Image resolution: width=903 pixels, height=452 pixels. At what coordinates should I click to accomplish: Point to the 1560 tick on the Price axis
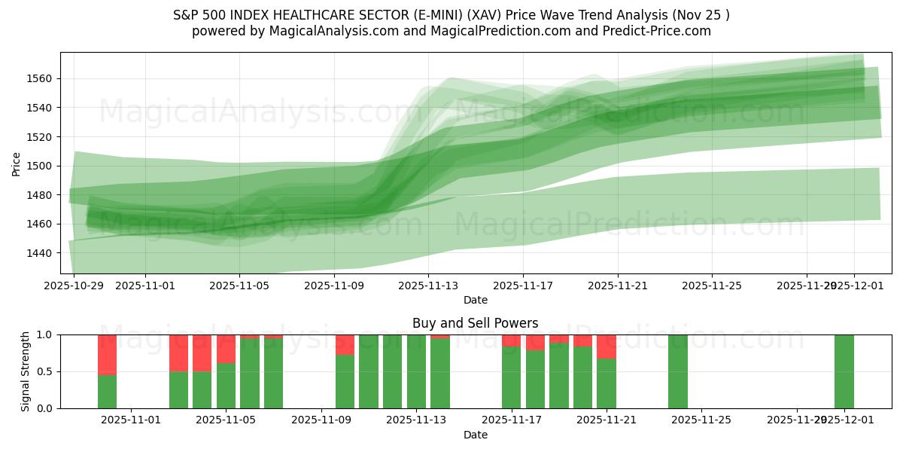(41, 78)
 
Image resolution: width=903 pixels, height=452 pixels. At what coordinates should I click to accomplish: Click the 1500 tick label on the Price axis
(41, 166)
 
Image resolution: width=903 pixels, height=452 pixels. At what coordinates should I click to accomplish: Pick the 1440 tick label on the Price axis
(41, 253)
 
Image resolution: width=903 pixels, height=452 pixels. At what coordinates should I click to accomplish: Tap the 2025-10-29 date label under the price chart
(74, 286)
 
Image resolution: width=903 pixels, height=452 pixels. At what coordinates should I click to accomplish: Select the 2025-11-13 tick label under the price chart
(428, 286)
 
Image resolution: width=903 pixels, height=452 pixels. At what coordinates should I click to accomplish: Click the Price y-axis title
(17, 163)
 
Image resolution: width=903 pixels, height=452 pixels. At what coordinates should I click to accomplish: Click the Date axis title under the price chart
(476, 300)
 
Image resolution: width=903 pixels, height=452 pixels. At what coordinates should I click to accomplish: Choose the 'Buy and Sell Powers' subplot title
(476, 323)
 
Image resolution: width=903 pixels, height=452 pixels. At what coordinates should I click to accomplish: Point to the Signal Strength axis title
(26, 371)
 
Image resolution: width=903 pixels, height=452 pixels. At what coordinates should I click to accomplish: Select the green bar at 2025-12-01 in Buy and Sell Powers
(844, 371)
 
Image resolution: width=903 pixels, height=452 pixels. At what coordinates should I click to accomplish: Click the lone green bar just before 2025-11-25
(678, 371)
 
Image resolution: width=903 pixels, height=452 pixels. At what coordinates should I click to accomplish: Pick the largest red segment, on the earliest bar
(108, 355)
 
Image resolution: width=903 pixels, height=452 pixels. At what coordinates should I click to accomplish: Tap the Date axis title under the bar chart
(476, 435)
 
